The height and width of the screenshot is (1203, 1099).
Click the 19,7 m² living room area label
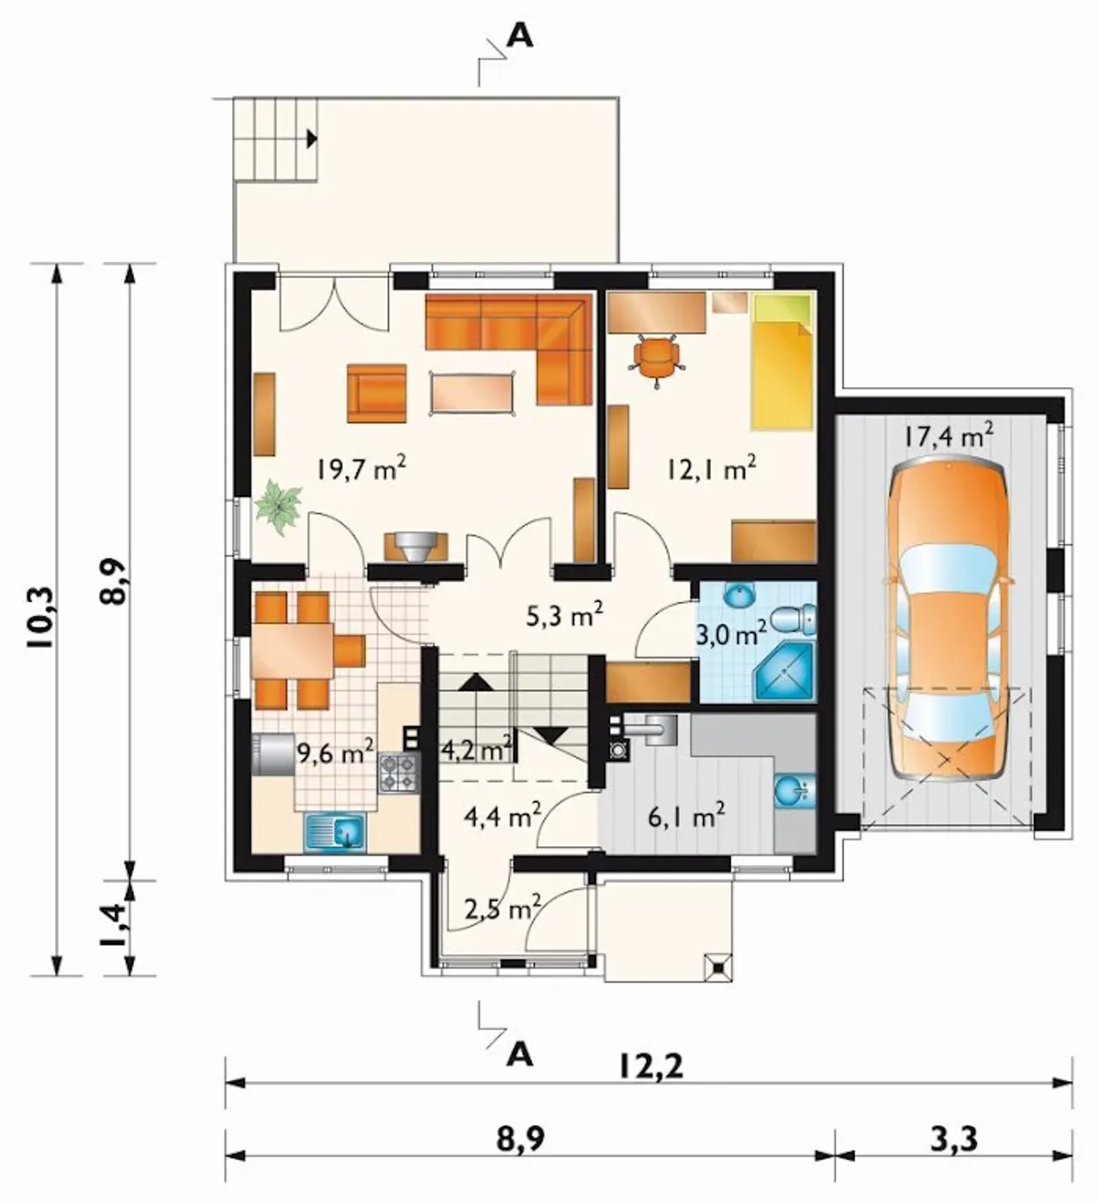tap(362, 469)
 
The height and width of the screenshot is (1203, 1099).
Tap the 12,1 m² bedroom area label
tap(710, 469)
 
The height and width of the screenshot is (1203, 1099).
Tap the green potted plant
tap(278, 506)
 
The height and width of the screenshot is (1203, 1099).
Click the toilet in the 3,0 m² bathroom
tap(793, 619)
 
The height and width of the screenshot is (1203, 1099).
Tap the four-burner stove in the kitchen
tap(398, 773)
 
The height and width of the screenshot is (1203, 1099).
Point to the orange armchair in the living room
tap(377, 393)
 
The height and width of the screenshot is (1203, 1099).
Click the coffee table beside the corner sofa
tap(473, 393)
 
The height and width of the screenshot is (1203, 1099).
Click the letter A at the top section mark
tap(520, 37)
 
